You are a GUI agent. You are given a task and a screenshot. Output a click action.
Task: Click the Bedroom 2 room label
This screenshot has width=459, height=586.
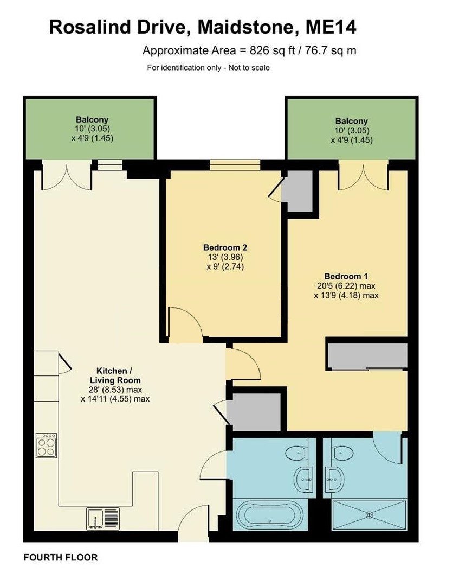223,247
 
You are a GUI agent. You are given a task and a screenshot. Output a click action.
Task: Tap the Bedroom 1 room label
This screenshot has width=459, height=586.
346,275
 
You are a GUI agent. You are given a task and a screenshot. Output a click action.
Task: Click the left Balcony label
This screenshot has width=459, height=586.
92,119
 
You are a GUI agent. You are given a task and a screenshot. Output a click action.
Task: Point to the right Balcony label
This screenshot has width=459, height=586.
351,121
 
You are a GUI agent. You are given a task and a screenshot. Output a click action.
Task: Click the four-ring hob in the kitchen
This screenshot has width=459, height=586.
46,445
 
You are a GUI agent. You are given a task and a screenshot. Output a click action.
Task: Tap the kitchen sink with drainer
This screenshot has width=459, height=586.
102,518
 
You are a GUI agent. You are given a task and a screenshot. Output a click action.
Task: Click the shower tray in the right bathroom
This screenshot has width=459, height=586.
369,514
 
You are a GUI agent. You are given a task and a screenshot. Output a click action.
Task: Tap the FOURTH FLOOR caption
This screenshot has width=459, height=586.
61,557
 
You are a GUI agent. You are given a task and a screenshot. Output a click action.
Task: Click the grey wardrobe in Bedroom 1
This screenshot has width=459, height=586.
367,355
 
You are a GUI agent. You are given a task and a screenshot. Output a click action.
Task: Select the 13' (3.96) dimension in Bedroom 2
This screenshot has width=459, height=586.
223,257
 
